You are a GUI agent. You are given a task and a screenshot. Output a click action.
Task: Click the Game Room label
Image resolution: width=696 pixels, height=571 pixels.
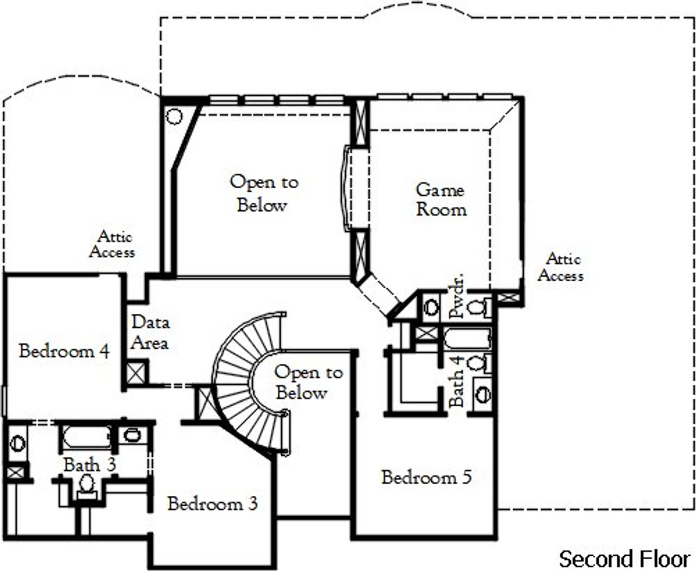[441, 200]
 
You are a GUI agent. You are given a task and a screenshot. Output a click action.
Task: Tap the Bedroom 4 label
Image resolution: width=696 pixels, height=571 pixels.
[64, 351]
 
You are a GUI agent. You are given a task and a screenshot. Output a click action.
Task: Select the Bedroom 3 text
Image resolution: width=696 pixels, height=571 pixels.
[213, 504]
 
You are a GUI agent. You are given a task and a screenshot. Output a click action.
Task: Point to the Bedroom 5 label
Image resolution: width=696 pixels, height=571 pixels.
[426, 477]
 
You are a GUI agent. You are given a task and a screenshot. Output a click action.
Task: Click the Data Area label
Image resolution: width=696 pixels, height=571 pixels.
[150, 332]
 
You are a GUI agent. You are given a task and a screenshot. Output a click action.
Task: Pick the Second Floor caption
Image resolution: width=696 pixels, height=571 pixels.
[625, 558]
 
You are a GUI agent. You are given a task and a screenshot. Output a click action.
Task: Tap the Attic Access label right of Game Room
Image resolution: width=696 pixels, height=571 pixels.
[561, 267]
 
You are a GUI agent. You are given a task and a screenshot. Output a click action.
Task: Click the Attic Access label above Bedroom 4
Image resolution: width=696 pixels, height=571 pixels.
[113, 244]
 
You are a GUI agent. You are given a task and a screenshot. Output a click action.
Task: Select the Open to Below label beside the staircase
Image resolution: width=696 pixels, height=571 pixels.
[308, 382]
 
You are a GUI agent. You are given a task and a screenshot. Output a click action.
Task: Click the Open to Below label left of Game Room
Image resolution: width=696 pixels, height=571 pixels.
[264, 193]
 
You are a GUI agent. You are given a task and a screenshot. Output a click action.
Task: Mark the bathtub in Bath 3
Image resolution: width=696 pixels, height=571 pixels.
[87, 437]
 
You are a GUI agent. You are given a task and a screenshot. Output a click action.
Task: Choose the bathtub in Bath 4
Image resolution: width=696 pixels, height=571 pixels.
[467, 338]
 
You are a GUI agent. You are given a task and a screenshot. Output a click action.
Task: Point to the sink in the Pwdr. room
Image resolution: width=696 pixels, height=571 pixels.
[431, 307]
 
